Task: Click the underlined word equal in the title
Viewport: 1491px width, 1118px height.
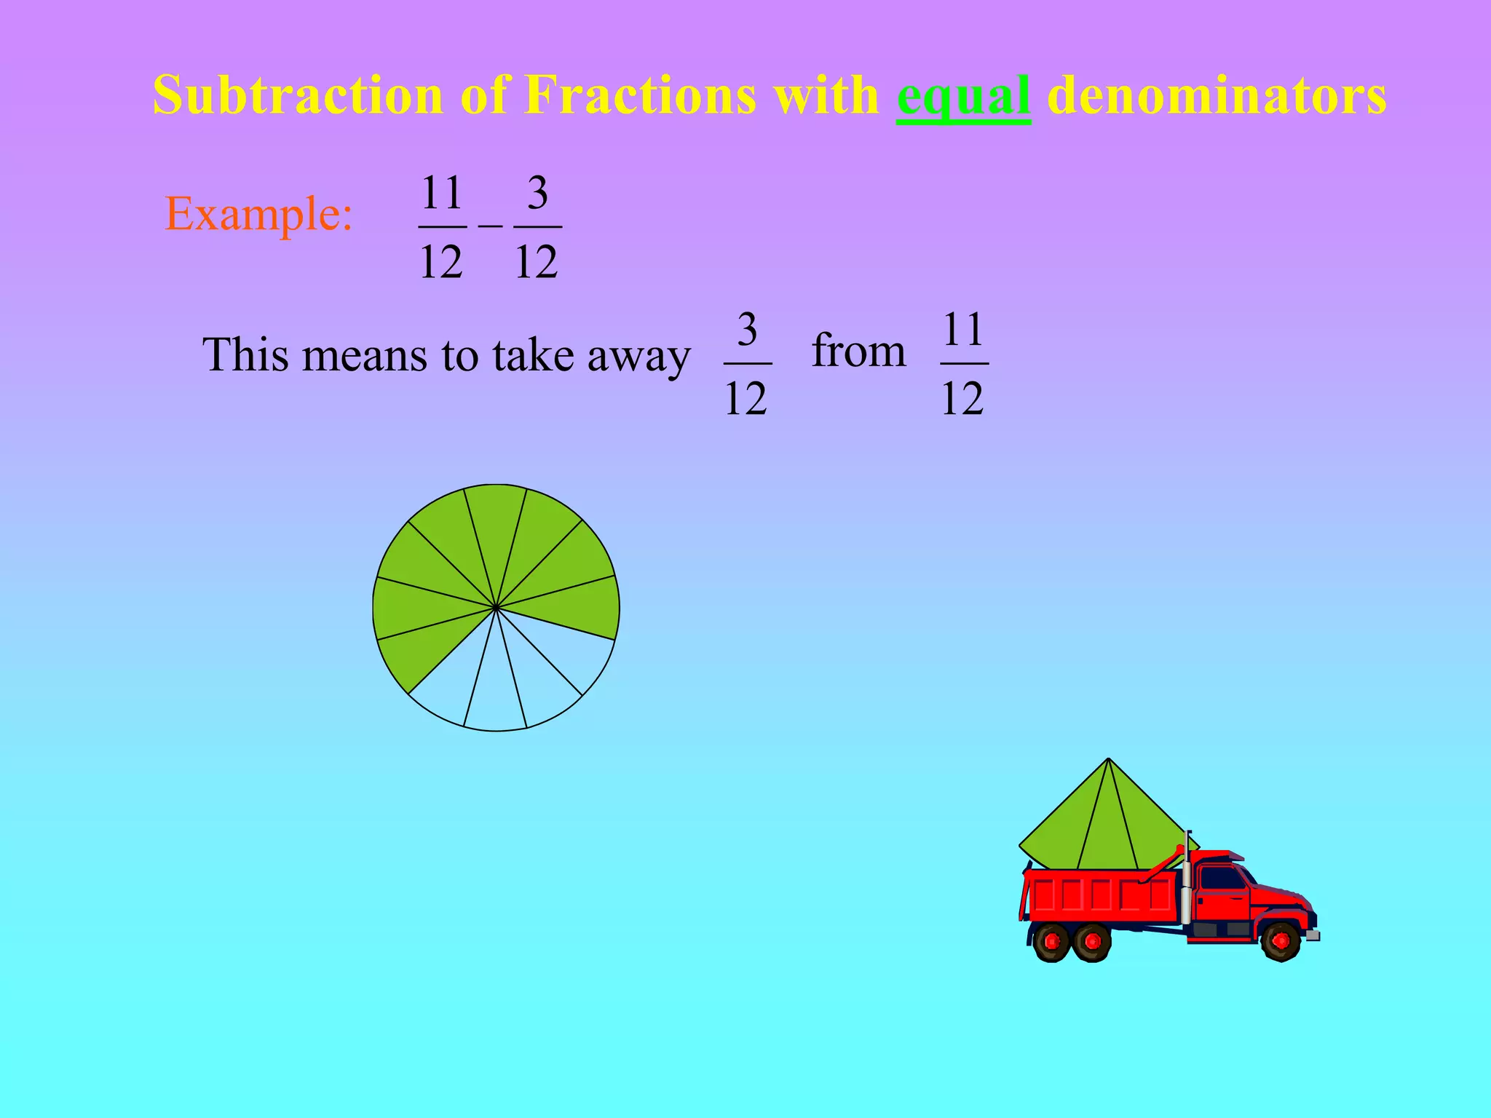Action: click(x=963, y=96)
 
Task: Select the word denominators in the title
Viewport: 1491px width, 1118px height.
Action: click(x=1217, y=96)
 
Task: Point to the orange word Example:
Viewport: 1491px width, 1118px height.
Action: click(x=259, y=214)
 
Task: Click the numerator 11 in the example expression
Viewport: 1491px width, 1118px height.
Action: click(x=442, y=193)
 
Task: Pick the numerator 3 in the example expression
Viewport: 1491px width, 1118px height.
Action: click(x=537, y=193)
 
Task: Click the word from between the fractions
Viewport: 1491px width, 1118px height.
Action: click(x=858, y=351)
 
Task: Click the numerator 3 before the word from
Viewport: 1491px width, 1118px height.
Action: click(x=747, y=330)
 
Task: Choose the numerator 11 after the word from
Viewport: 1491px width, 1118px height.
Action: click(x=963, y=330)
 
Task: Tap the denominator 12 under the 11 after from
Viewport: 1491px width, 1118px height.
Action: click(x=962, y=398)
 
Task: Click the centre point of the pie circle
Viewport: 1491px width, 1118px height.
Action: click(x=496, y=607)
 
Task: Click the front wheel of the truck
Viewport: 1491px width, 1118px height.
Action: click(x=1281, y=940)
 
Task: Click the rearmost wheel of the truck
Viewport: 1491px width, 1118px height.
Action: click(x=1051, y=942)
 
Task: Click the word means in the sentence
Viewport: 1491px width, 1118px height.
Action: click(x=365, y=357)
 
